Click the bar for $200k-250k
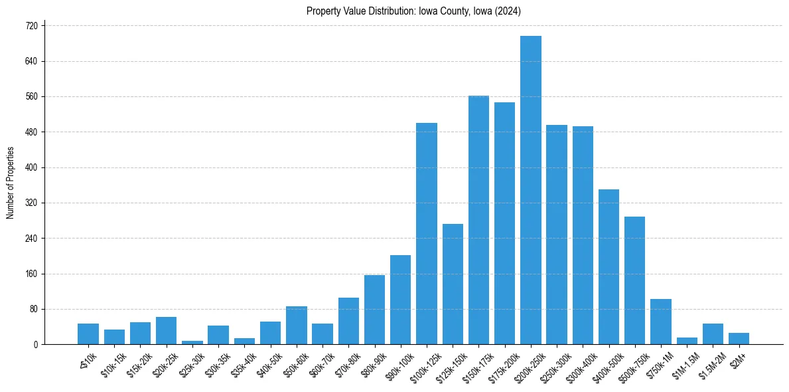(x=530, y=190)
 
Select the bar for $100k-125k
(x=427, y=233)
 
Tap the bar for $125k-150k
(x=453, y=284)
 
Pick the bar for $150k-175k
(x=478, y=220)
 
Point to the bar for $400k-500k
(x=609, y=266)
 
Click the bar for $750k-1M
(x=660, y=322)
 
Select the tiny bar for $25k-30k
(x=192, y=342)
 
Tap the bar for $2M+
(x=739, y=339)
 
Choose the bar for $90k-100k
(x=400, y=300)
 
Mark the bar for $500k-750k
(x=634, y=280)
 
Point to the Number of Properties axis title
(x=10, y=183)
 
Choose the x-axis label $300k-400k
(x=579, y=363)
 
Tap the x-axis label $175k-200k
(x=501, y=363)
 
